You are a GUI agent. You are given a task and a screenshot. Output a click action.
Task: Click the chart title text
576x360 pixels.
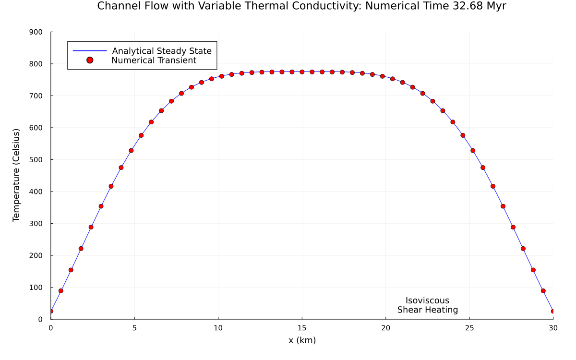pyautogui.click(x=301, y=6)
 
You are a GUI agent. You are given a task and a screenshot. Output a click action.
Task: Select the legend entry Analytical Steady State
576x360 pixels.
pyautogui.click(x=162, y=51)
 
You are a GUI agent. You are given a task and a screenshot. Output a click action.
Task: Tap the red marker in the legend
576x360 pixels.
pyautogui.click(x=89, y=60)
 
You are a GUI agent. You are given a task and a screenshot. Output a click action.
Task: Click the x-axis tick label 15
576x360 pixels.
pyautogui.click(x=302, y=328)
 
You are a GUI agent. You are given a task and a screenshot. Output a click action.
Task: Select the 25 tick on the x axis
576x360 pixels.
pyautogui.click(x=469, y=328)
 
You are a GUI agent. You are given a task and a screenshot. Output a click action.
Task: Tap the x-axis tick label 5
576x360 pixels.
pyautogui.click(x=134, y=328)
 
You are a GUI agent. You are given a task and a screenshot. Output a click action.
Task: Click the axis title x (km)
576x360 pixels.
pyautogui.click(x=302, y=340)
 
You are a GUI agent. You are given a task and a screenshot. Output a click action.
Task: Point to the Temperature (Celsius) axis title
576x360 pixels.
pyautogui.click(x=16, y=175)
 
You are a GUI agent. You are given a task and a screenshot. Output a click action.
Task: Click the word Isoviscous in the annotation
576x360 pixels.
pyautogui.click(x=427, y=301)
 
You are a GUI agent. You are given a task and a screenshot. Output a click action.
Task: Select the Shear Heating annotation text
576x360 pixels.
pyautogui.click(x=427, y=310)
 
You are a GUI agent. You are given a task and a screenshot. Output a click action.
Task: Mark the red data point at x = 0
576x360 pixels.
pyautogui.click(x=51, y=311)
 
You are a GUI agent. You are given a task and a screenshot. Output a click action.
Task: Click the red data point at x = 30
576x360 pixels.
pyautogui.click(x=553, y=311)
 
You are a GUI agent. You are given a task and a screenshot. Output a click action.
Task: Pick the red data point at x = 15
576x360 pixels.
pyautogui.click(x=302, y=72)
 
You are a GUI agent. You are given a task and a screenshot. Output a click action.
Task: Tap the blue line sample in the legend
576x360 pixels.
pyautogui.click(x=89, y=51)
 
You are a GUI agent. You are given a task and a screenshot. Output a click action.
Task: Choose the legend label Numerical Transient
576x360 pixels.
pyautogui.click(x=154, y=60)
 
